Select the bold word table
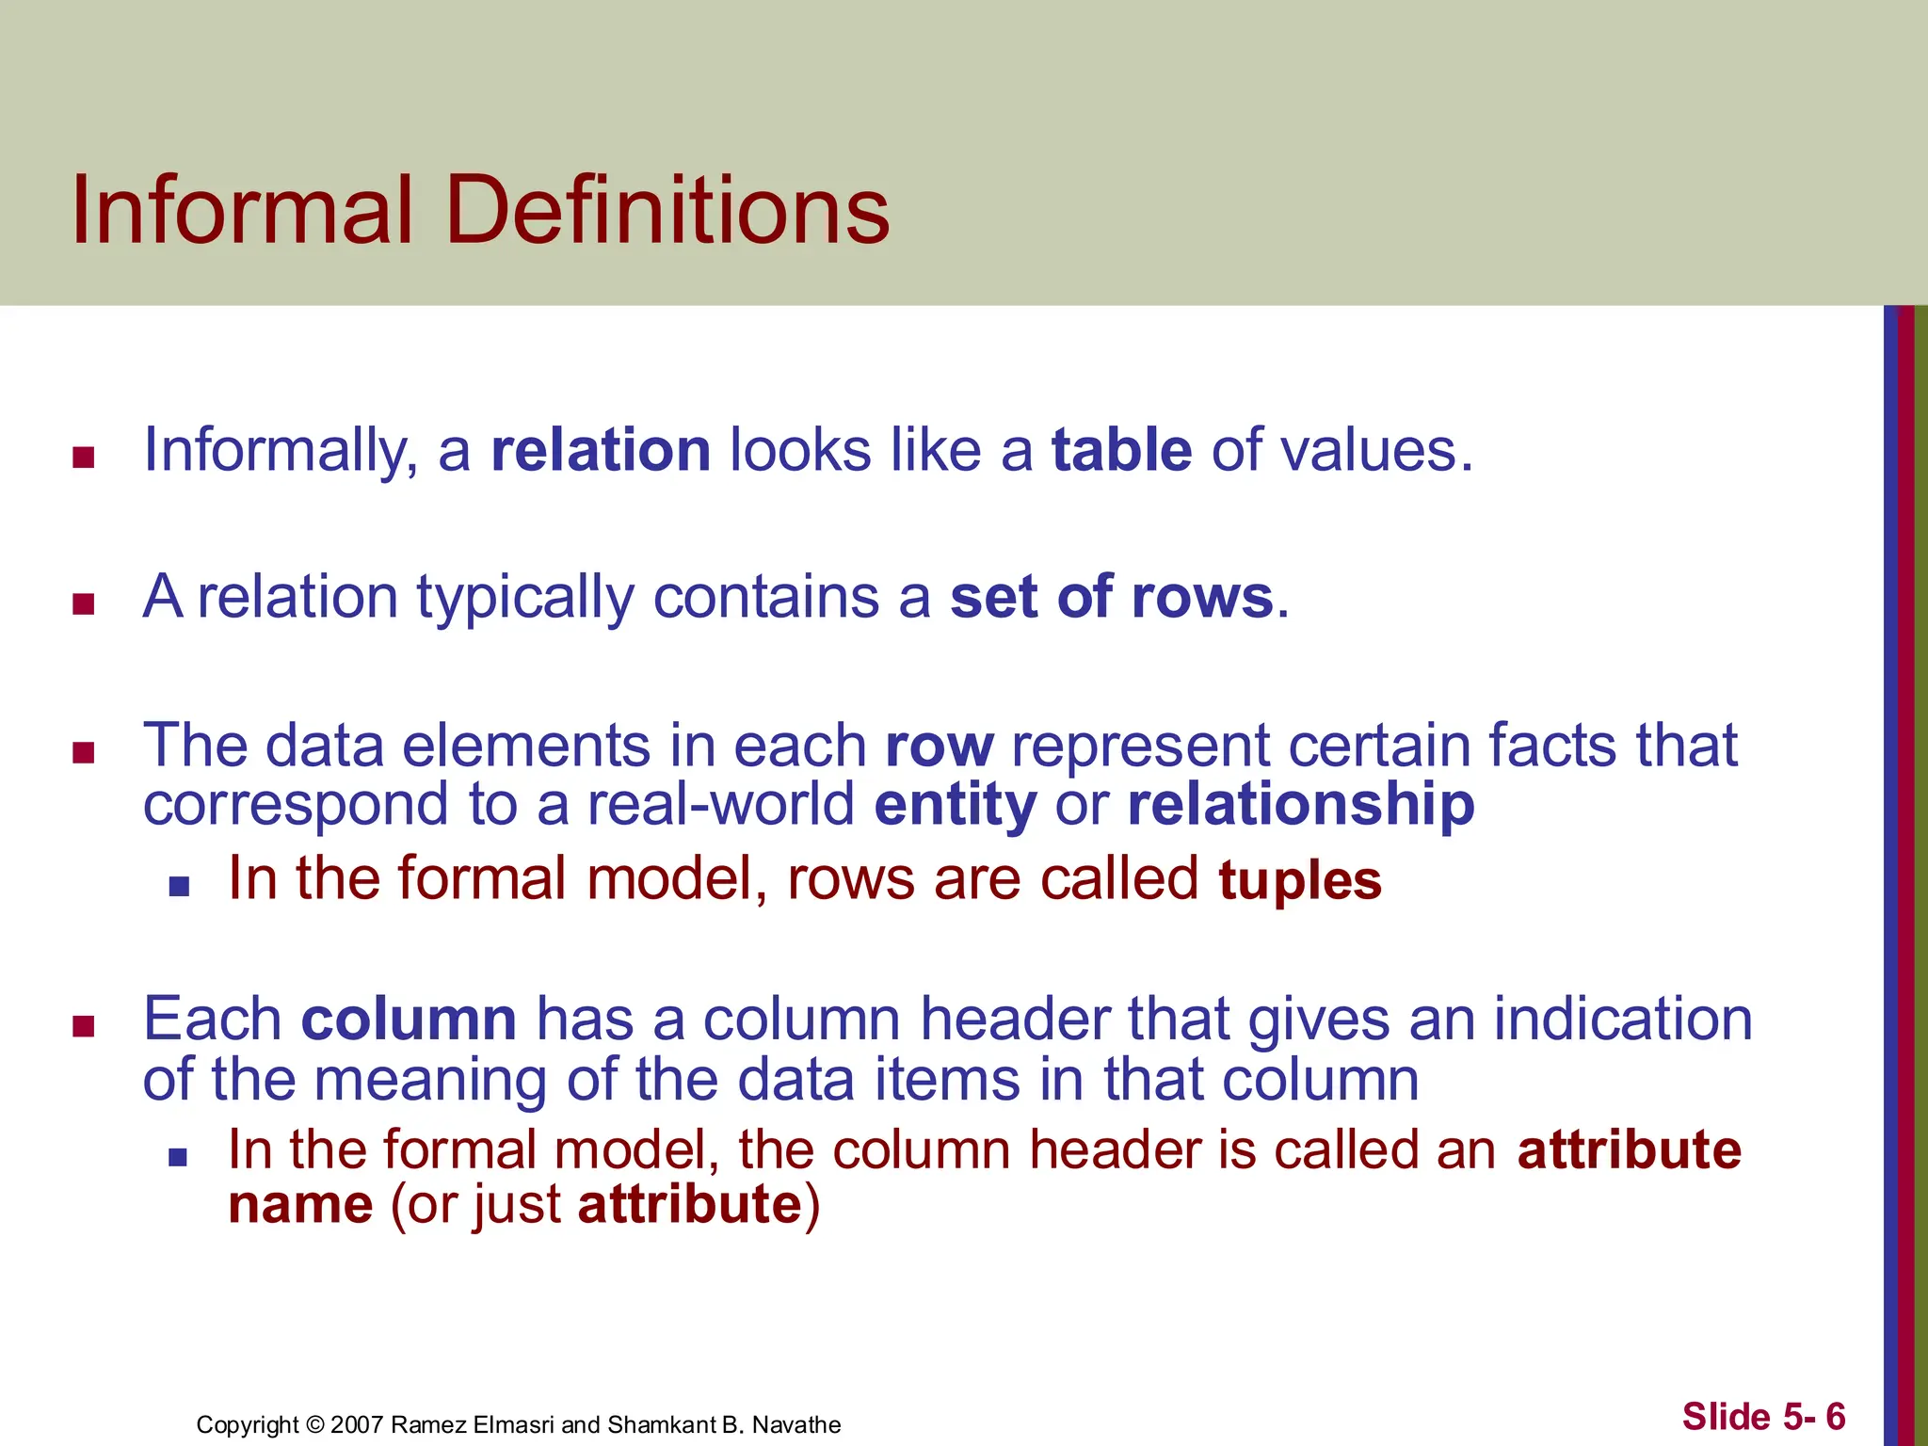tap(1121, 450)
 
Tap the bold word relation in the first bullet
tap(601, 450)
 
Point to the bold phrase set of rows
tap(1111, 597)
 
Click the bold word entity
tap(955, 806)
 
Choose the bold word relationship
tap(1300, 806)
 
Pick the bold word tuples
tap(1299, 880)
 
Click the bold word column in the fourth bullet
tap(409, 1020)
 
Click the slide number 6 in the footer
tap(1835, 1416)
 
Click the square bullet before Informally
tap(84, 458)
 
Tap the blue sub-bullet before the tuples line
tap(179, 887)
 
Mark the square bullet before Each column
tap(84, 1026)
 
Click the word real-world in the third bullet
tap(720, 806)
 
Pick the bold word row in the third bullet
tap(939, 747)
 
